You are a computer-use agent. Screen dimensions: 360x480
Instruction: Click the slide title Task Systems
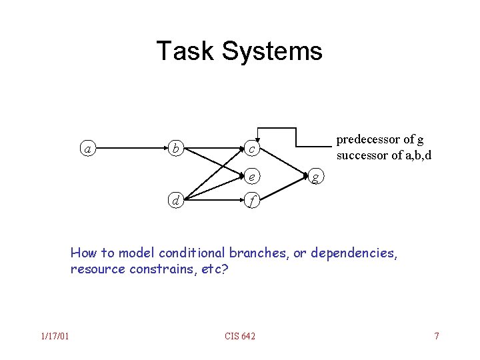tap(239, 51)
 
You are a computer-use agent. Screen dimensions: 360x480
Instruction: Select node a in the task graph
tap(88, 149)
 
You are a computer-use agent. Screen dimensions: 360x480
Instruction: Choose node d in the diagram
tap(175, 199)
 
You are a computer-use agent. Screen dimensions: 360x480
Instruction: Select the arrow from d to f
tap(213, 199)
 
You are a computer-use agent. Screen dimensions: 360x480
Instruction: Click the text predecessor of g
tap(379, 139)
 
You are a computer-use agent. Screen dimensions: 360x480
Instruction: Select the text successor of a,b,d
tap(384, 156)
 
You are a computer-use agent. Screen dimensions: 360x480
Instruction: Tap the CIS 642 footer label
tap(239, 335)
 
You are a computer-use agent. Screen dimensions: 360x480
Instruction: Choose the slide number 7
tap(437, 335)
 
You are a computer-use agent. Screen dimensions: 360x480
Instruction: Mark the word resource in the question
tap(95, 269)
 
